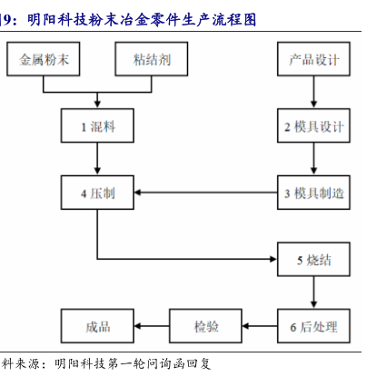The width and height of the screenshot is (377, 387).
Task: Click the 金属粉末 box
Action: (44, 59)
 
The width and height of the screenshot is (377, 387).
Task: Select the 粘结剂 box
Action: (152, 59)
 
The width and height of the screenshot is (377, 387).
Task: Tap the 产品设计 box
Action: (313, 59)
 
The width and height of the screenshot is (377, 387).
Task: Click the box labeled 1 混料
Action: (97, 125)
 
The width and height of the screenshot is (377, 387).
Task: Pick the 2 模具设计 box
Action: (313, 125)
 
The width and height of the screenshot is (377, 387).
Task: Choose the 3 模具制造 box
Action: (313, 193)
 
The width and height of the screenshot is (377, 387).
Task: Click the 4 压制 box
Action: (97, 193)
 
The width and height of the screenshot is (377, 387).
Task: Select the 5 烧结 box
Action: (313, 259)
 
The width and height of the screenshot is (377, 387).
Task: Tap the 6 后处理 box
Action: (313, 326)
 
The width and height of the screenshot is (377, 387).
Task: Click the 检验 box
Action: (205, 326)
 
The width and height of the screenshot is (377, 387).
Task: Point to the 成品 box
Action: (97, 326)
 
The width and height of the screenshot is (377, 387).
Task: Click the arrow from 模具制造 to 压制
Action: (206, 193)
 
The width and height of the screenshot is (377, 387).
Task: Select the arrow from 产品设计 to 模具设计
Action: (313, 92)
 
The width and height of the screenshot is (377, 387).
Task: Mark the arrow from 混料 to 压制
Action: (97, 159)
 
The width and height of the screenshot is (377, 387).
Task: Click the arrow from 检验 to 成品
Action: (152, 326)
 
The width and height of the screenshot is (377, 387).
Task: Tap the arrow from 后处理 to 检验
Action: (260, 326)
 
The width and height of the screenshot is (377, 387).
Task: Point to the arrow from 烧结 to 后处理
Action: (313, 293)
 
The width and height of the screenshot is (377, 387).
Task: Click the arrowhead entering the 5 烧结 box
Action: (273, 259)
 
